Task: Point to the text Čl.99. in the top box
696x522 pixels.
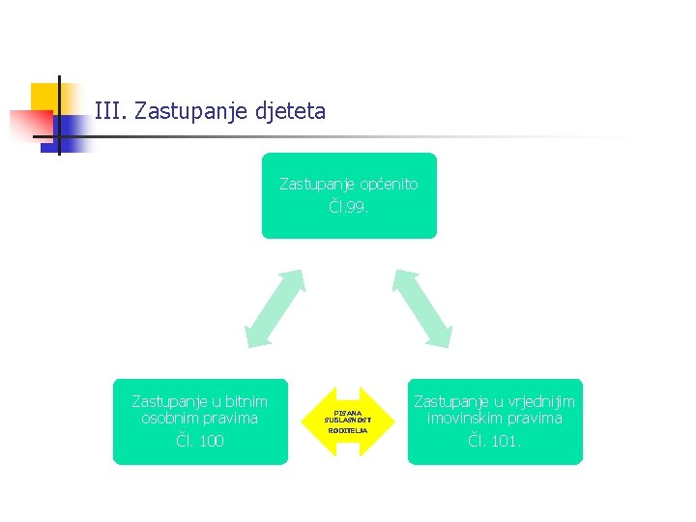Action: (x=349, y=207)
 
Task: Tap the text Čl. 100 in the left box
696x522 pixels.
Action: (x=200, y=441)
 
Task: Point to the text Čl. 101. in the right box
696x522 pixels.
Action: (x=494, y=441)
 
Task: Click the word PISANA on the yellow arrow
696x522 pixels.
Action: (x=348, y=413)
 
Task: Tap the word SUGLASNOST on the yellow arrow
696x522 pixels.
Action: (x=348, y=420)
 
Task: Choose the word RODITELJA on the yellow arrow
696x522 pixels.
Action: (x=348, y=430)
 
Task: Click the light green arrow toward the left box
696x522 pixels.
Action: (x=275, y=307)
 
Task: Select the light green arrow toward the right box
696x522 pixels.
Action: (x=422, y=307)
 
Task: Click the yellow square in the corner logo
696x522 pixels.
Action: (x=44, y=96)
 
